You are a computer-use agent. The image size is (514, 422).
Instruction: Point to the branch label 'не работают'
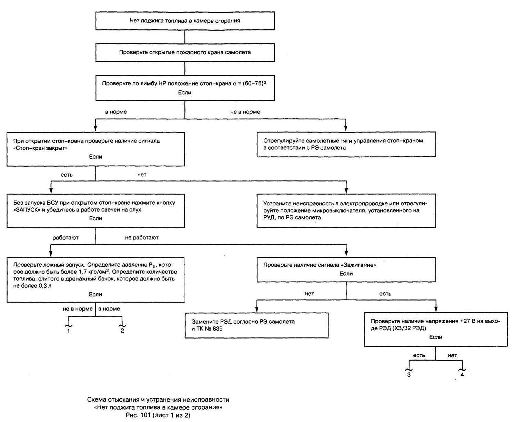point(142,238)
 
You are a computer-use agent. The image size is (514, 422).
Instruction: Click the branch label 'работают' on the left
point(65,238)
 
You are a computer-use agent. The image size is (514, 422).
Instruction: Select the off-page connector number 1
point(69,331)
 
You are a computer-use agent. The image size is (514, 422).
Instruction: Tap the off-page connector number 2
point(122,331)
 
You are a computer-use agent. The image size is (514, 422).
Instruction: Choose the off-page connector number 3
point(409,375)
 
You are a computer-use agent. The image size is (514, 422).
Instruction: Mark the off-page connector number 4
point(462,375)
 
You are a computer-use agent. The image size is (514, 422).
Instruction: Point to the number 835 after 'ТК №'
point(218,328)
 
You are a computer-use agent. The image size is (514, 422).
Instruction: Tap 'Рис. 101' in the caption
point(138,415)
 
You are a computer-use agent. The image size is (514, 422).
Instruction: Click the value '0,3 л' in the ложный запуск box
point(45,286)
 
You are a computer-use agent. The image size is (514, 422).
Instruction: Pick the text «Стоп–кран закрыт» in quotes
point(40,148)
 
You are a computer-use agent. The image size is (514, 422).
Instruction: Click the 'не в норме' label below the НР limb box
point(245,112)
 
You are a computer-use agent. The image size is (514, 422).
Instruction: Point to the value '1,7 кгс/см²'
point(95,272)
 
